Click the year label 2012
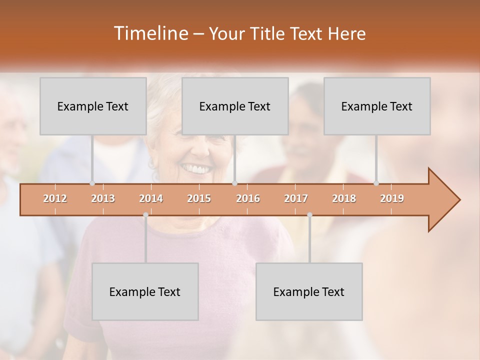(x=55, y=198)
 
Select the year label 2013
(x=103, y=198)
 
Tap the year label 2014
(x=151, y=198)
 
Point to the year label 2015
(x=199, y=198)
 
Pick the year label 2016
(x=248, y=198)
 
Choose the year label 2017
(x=296, y=198)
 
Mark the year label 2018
(x=344, y=198)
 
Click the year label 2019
(x=392, y=198)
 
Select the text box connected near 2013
(x=93, y=106)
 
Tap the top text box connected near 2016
(x=235, y=106)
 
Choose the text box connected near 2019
(x=377, y=106)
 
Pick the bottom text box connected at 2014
(x=145, y=291)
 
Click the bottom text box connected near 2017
(x=309, y=291)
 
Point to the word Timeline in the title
(x=150, y=33)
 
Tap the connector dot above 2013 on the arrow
(x=92, y=183)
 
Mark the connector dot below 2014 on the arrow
(x=145, y=214)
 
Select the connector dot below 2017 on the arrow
(x=309, y=214)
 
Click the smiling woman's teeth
(x=195, y=169)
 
